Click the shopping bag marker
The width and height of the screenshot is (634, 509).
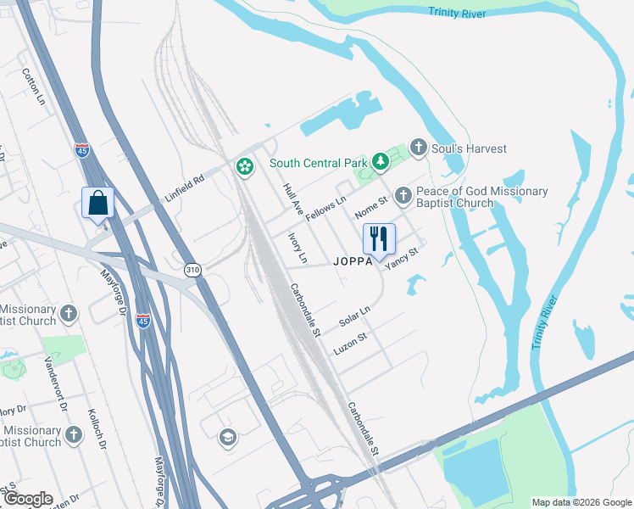98,204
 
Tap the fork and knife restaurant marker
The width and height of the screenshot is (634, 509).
379,238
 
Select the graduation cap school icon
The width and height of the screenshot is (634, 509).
227,437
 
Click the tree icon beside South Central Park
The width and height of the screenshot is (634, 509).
381,159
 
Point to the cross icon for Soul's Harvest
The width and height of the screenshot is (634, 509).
418,148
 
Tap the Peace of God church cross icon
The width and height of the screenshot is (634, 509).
403,196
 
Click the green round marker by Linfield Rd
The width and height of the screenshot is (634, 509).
245,166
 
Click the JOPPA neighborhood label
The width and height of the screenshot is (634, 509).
353,261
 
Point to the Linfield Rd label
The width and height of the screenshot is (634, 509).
186,187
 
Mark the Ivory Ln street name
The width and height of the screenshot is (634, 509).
298,246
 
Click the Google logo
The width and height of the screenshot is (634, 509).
28,499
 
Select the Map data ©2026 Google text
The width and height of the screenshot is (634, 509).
581,502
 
